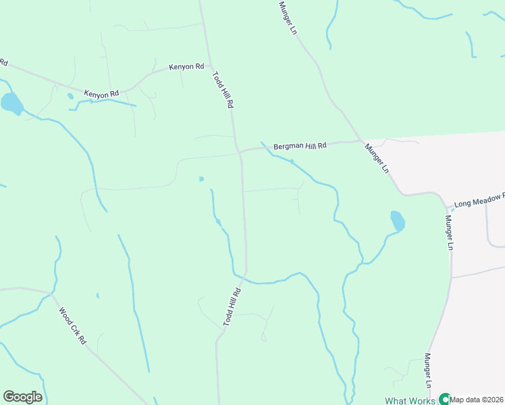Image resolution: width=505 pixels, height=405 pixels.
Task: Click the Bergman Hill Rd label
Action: coord(300,146)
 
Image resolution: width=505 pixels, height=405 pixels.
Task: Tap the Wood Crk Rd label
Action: coord(72,327)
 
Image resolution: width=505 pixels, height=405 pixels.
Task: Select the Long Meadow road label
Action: coord(479,199)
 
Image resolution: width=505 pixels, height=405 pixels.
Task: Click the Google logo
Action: coord(22,396)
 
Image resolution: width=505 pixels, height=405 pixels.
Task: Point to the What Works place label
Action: coord(410,400)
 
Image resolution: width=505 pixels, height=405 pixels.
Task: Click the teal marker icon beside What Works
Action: coord(444,399)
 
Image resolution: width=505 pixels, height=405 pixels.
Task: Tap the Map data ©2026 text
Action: coord(477,400)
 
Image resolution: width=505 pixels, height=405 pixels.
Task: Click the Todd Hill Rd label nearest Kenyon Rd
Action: coord(223,90)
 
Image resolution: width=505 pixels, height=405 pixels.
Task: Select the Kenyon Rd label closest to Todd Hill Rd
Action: coord(186,67)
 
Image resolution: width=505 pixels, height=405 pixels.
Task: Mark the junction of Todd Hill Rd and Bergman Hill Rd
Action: coord(240,152)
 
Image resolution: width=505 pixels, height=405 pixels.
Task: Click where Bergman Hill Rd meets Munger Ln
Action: coord(359,141)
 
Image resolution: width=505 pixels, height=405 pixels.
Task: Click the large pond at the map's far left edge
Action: coord(11,104)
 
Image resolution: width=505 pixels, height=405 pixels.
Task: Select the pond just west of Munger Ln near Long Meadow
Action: coord(398,221)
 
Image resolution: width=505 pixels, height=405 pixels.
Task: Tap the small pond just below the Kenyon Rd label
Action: coord(70,97)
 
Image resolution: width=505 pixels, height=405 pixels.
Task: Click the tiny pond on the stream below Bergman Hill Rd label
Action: coord(292,161)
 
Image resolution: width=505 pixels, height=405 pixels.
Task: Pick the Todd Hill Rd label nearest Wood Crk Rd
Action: coord(232,308)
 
